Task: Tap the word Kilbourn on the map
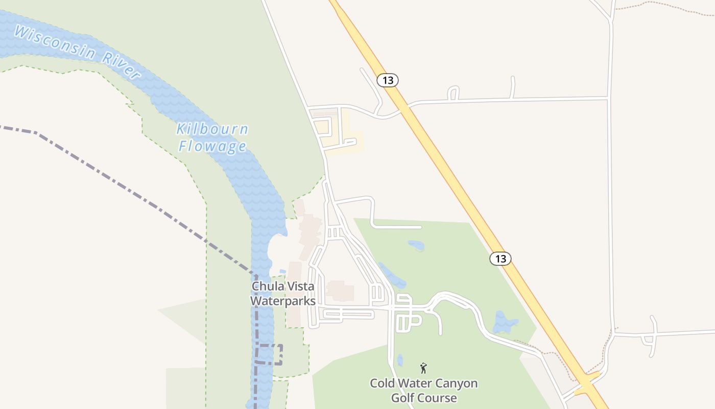[212, 129]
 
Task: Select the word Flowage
[212, 147]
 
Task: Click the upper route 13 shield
[388, 80]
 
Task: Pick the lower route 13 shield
[500, 259]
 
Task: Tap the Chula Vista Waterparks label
[282, 293]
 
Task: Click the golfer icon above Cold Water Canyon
[423, 368]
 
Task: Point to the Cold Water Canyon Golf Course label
[424, 390]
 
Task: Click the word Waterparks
[282, 301]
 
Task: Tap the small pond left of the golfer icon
[400, 361]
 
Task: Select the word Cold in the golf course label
[382, 383]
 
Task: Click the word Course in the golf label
[438, 398]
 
